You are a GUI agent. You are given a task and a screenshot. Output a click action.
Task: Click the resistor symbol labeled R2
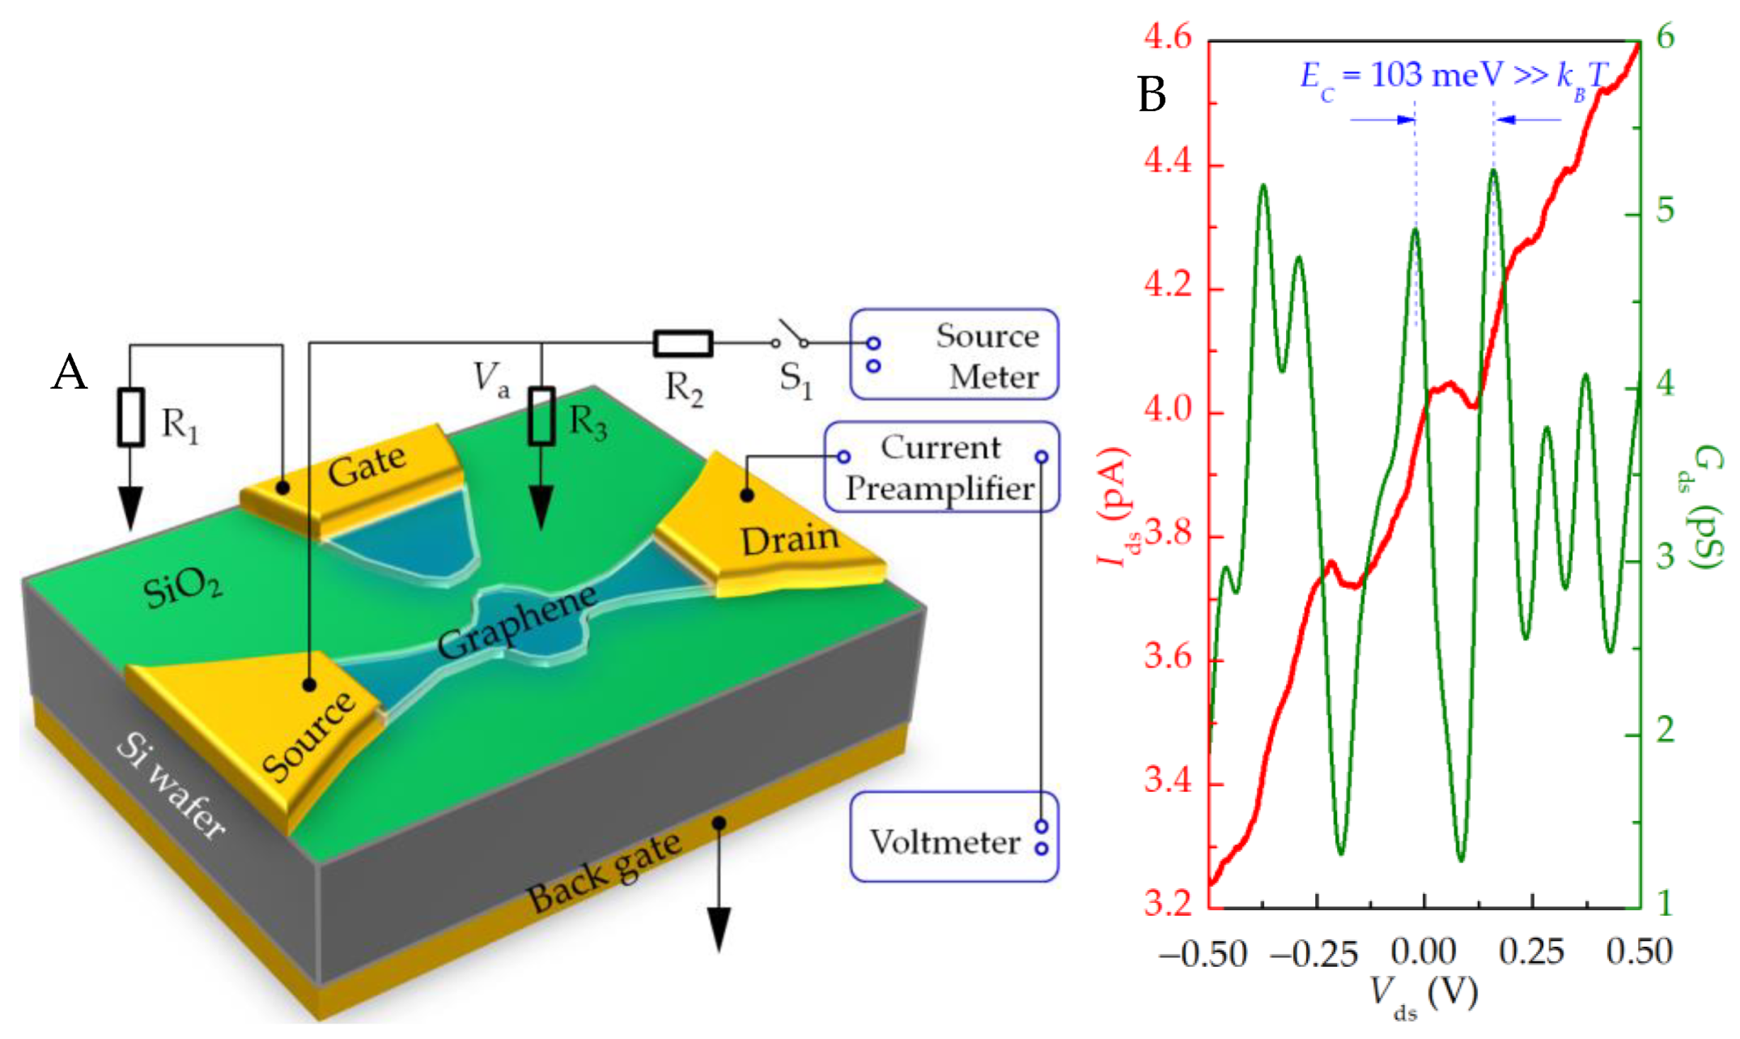pyautogui.click(x=682, y=343)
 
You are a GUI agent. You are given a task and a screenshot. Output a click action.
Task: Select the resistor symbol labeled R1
pyautogui.click(x=131, y=417)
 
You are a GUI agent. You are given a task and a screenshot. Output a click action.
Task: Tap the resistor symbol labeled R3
pyautogui.click(x=541, y=416)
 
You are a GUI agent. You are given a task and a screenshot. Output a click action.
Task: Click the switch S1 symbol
pyautogui.click(x=790, y=335)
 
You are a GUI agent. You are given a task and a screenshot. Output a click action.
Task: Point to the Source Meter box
pyautogui.click(x=954, y=355)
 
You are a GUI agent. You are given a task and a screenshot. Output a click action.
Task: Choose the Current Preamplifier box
pyautogui.click(x=941, y=467)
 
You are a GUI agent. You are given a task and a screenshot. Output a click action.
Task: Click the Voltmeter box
pyautogui.click(x=954, y=837)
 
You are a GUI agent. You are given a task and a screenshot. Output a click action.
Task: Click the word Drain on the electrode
pyautogui.click(x=790, y=539)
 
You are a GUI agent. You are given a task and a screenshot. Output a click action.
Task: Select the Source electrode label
pyautogui.click(x=308, y=735)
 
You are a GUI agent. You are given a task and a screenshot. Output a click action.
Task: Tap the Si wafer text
pyautogui.click(x=170, y=786)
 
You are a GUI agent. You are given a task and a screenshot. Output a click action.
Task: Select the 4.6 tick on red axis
pyautogui.click(x=1168, y=37)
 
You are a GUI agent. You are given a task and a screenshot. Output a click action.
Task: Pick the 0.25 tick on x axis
pyautogui.click(x=1531, y=952)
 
